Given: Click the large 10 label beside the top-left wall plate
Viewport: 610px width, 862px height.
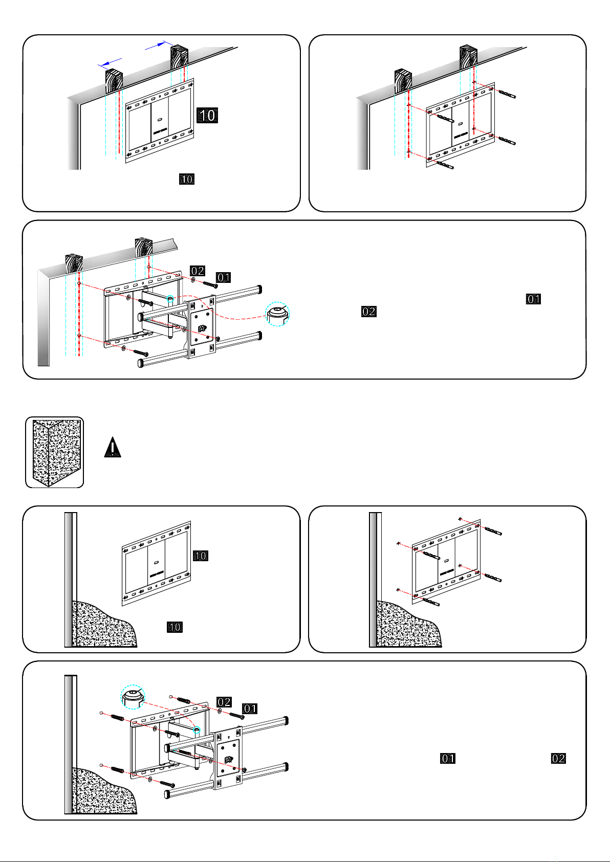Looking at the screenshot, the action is point(207,115).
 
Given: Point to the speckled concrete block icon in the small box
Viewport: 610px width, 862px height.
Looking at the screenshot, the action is point(57,453).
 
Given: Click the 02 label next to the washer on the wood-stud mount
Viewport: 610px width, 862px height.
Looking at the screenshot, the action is point(198,271).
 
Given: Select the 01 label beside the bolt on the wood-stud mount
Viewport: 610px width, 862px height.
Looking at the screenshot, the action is point(223,277).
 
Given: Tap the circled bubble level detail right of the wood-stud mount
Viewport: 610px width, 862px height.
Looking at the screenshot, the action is point(277,314).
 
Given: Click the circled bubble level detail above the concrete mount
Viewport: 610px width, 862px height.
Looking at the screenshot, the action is point(133,697).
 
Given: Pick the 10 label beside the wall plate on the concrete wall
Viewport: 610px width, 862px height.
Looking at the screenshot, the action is point(201,556).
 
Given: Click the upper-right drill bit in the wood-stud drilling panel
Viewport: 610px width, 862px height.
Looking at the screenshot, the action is point(507,94).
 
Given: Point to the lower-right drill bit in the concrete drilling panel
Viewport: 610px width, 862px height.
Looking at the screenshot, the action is point(493,578).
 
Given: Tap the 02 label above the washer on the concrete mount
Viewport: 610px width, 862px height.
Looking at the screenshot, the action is point(224,702).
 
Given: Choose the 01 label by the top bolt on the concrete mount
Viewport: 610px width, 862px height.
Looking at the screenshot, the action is point(250,709).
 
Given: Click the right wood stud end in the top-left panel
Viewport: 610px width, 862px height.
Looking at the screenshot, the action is point(179,57).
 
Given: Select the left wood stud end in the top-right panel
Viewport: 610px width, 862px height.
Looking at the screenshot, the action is point(403,81).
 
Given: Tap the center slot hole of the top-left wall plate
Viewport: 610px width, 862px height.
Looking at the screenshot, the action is point(160,119).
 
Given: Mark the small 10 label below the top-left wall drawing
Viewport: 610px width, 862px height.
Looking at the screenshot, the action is point(187,179).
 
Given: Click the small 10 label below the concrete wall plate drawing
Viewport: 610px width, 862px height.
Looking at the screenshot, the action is point(175,627).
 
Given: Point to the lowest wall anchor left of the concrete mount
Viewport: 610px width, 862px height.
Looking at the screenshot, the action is point(117,769).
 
